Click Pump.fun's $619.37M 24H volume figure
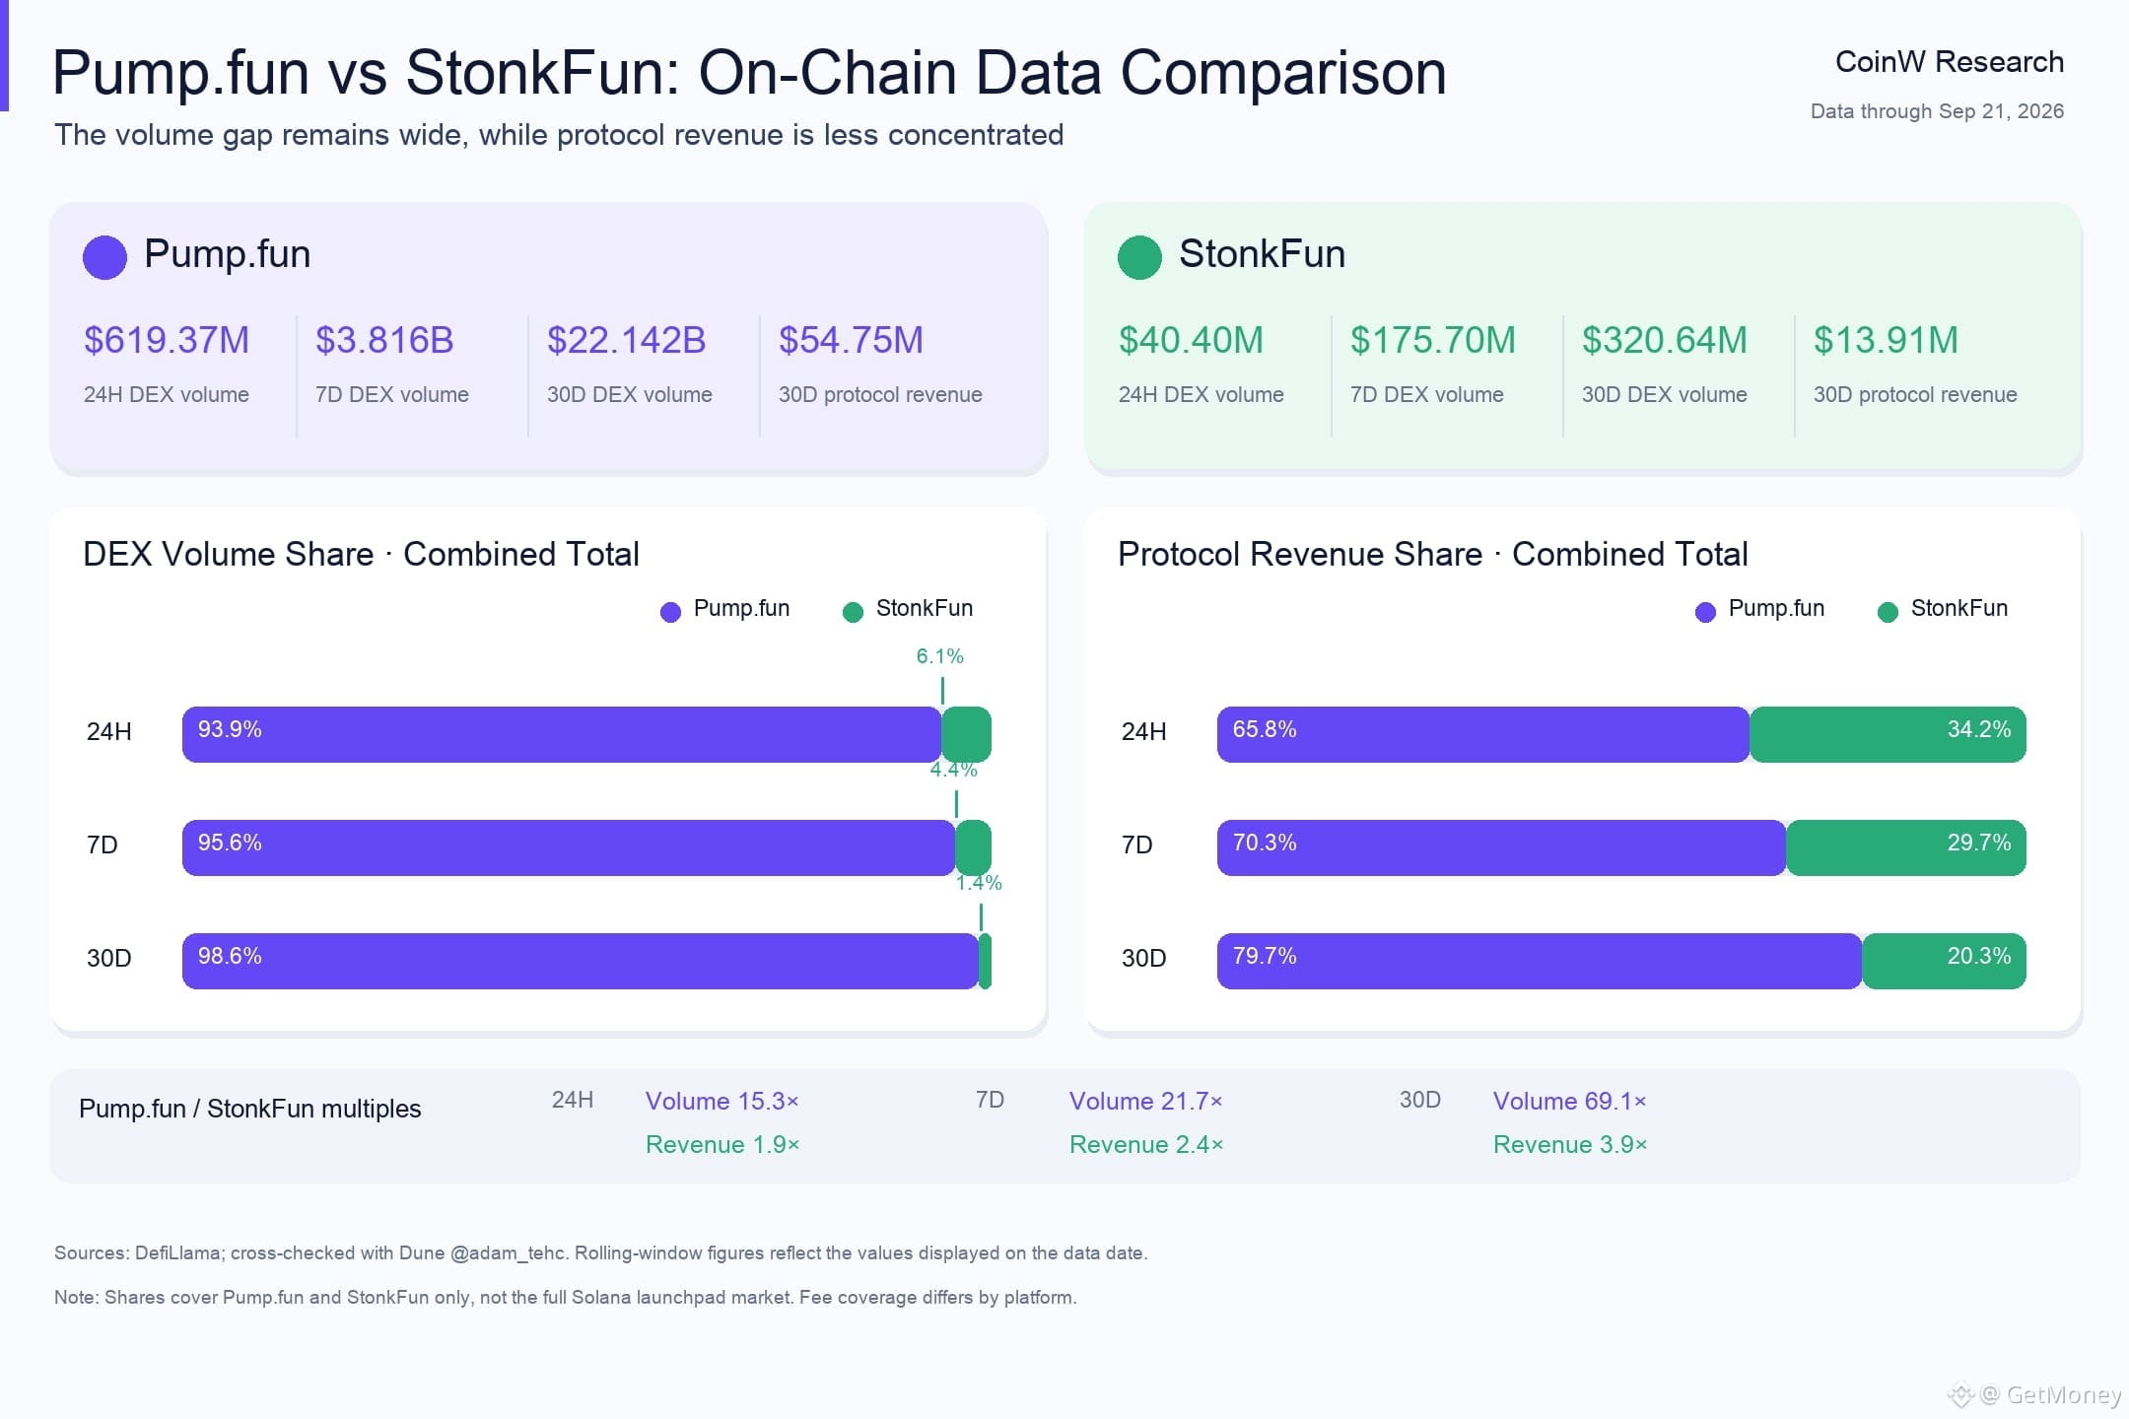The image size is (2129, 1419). [x=167, y=340]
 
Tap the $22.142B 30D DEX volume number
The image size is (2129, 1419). [x=627, y=340]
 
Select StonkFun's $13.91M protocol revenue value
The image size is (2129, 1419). [x=1886, y=340]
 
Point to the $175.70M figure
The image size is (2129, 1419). [x=1433, y=340]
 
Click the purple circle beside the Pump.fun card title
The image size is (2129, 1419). [x=104, y=257]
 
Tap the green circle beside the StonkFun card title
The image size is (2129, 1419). [x=1139, y=257]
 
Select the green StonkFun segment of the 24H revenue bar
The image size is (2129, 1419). [x=1888, y=734]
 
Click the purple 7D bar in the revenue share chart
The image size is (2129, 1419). [x=1501, y=847]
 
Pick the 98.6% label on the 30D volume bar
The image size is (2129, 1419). [x=230, y=956]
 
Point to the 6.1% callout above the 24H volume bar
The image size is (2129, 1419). [x=940, y=656]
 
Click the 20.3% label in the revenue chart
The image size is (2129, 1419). [x=1979, y=956]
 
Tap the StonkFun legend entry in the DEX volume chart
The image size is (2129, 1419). [x=908, y=609]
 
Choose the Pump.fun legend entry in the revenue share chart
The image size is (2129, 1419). [x=1760, y=609]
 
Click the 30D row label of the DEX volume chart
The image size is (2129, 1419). [x=109, y=958]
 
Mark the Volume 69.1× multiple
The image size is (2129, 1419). [x=1570, y=1101]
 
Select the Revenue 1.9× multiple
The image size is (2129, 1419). [x=722, y=1144]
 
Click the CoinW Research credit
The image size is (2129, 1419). [x=1950, y=62]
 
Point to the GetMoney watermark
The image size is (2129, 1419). [x=2034, y=1394]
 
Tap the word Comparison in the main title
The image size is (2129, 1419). [x=1283, y=73]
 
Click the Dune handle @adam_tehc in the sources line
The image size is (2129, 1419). [x=509, y=1253]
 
